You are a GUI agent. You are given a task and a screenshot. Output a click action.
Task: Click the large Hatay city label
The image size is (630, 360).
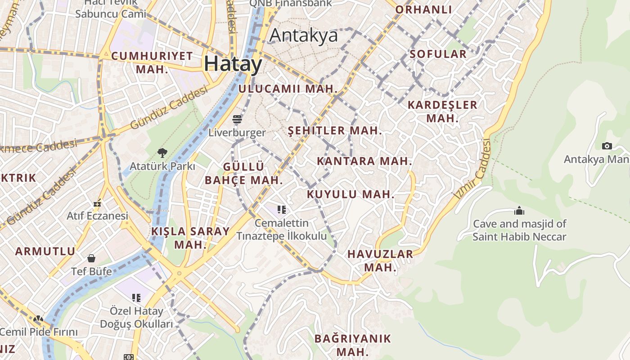pyautogui.click(x=233, y=64)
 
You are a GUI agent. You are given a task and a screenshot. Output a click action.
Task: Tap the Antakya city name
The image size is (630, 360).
pyautogui.click(x=303, y=35)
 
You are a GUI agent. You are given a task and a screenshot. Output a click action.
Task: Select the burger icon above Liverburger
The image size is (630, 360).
pyautogui.click(x=237, y=119)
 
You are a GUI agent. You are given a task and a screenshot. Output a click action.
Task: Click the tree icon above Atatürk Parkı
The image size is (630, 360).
pyautogui.click(x=162, y=153)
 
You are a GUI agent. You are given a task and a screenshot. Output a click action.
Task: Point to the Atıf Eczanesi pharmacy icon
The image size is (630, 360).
pyautogui.click(x=97, y=203)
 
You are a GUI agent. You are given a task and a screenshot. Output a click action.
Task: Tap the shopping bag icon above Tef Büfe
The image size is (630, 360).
pyautogui.click(x=91, y=258)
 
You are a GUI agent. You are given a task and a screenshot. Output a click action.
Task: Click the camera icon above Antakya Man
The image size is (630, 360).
pyautogui.click(x=607, y=146)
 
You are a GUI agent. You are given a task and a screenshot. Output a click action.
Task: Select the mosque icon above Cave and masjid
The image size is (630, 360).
pyautogui.click(x=519, y=211)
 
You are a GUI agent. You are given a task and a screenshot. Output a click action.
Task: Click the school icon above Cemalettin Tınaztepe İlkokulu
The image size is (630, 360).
pyautogui.click(x=282, y=209)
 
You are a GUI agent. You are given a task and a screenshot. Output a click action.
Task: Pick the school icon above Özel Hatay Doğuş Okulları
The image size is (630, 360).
pyautogui.click(x=136, y=297)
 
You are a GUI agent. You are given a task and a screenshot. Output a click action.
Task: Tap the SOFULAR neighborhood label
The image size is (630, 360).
pyautogui.click(x=438, y=54)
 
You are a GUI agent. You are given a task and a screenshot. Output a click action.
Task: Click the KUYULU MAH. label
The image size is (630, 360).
pyautogui.click(x=351, y=195)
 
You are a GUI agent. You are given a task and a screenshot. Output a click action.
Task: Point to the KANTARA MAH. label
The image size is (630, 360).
pyautogui.click(x=364, y=161)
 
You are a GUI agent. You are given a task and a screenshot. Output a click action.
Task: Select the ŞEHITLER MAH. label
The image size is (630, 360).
pyautogui.click(x=335, y=131)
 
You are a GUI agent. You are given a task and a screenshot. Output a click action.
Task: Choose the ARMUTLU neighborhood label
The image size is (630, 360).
pyautogui.click(x=45, y=252)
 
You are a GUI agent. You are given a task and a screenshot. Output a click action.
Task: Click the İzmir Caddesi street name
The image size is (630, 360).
pyautogui.click(x=472, y=170)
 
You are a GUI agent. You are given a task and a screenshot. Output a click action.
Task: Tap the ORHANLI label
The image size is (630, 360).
pyautogui.click(x=423, y=9)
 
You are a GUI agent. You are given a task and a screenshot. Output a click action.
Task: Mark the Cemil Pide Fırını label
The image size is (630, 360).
pyautogui.click(x=39, y=333)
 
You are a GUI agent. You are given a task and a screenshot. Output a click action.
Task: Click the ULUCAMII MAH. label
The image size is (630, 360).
pyautogui.click(x=288, y=89)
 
